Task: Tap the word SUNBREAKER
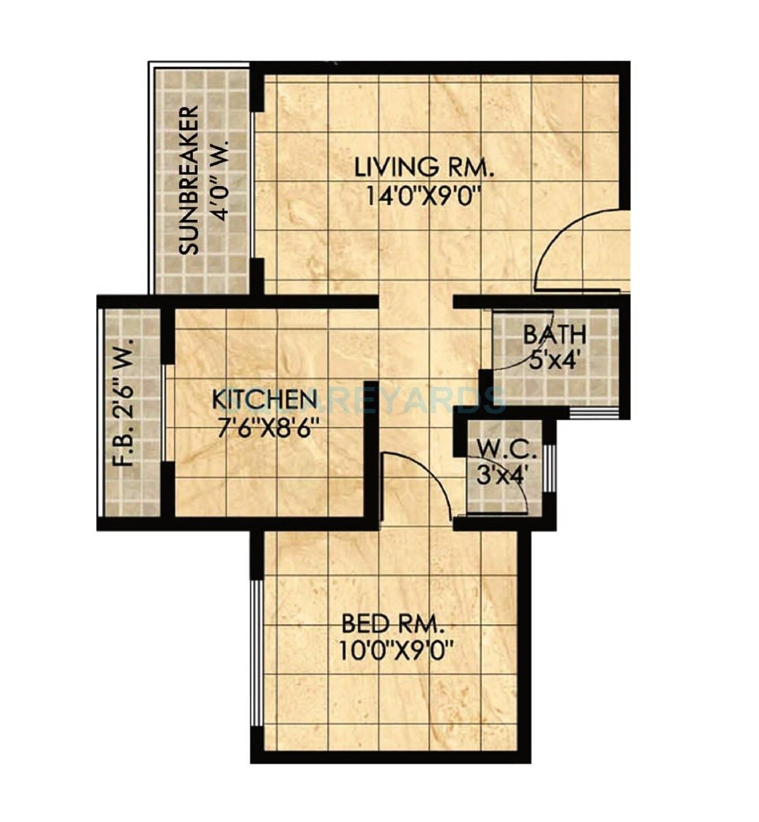click(188, 180)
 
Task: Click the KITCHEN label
click(264, 400)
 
